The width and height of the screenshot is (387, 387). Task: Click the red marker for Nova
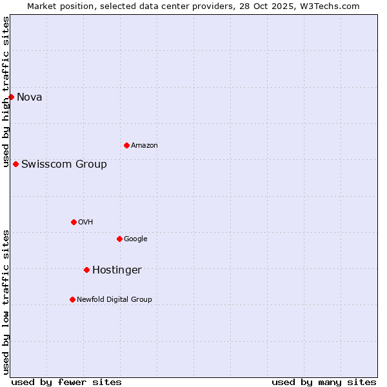coord(11,97)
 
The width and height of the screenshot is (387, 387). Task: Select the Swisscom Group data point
coord(15,164)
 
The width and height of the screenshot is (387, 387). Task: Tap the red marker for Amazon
coord(126,145)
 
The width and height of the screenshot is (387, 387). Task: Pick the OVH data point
coord(74,222)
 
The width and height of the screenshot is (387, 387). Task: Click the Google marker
coord(119,239)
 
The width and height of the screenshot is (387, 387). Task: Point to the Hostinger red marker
coord(86,270)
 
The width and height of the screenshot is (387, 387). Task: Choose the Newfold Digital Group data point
coord(72,299)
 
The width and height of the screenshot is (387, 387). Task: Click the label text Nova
coord(29,97)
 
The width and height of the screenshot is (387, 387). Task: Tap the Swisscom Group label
coord(64,164)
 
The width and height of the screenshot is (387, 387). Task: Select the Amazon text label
coord(144,146)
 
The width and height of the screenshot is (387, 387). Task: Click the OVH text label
coord(85,223)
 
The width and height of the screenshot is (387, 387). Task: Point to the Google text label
coord(135,239)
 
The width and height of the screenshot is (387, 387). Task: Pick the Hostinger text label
coord(117,270)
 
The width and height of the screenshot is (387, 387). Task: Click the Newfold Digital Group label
coord(114,300)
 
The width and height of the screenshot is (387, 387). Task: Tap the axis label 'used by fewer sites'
coord(66,382)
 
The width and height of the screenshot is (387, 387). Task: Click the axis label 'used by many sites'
coord(324,382)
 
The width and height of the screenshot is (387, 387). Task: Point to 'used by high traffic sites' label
coord(6,92)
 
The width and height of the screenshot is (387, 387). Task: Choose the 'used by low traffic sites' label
coord(6,302)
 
